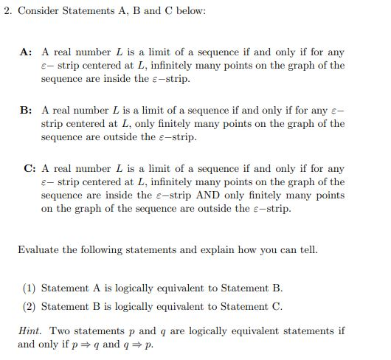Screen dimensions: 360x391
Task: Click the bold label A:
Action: pyautogui.click(x=26, y=52)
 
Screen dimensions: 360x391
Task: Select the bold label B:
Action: pyautogui.click(x=26, y=111)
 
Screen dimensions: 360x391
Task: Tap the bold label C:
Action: pyautogui.click(x=26, y=169)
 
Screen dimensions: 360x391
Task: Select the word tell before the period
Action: pyautogui.click(x=304, y=249)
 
